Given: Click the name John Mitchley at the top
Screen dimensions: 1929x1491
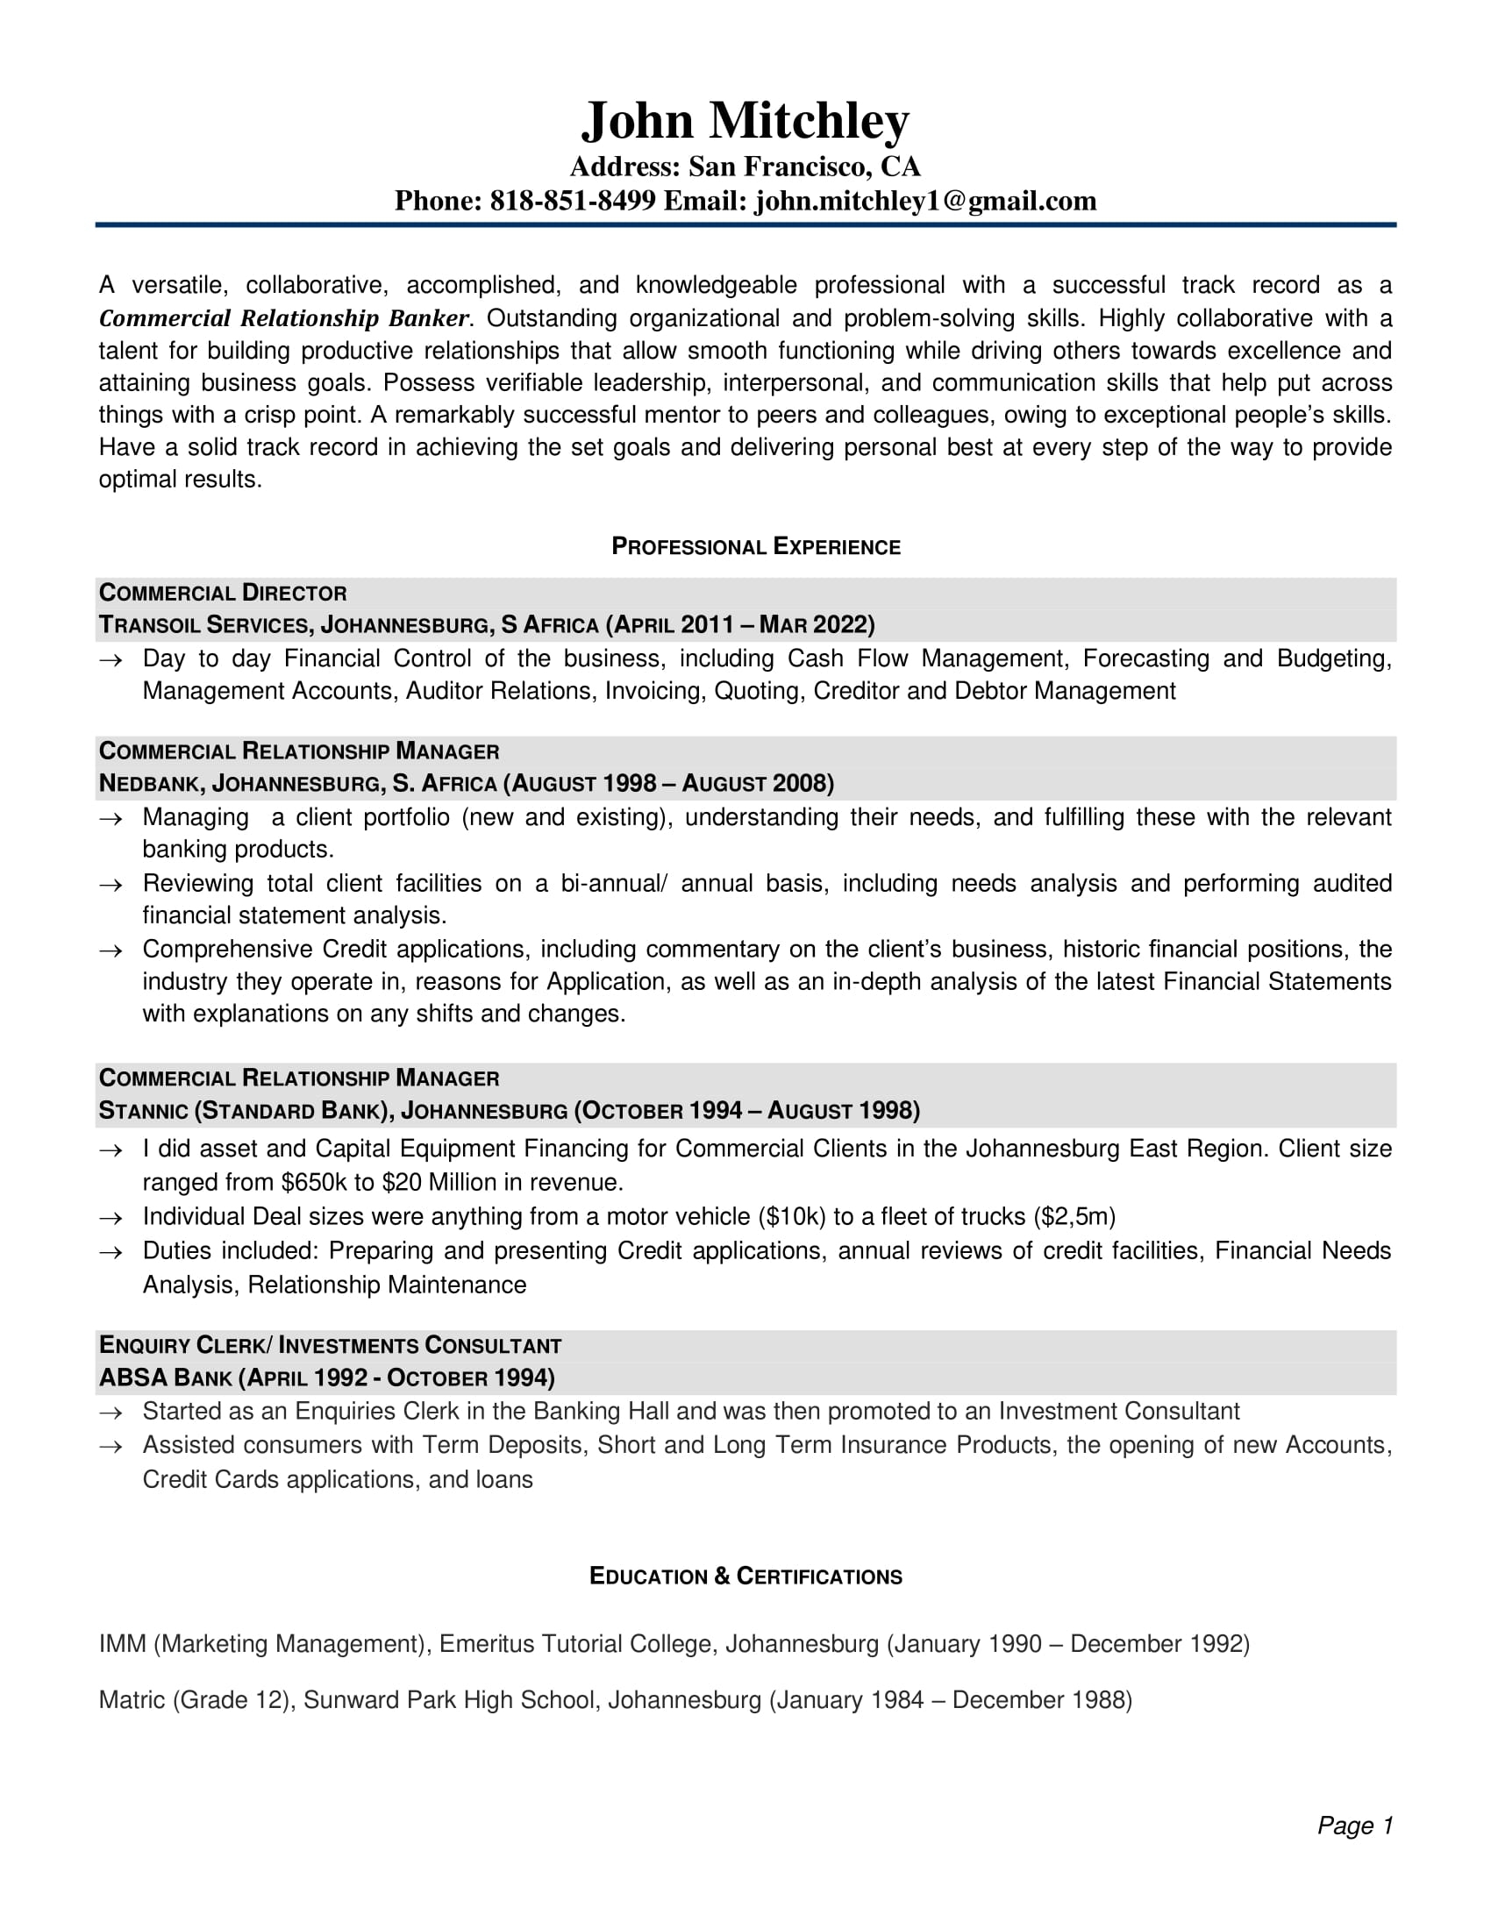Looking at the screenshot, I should click(x=745, y=121).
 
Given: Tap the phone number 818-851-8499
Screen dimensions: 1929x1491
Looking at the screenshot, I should click(x=573, y=202).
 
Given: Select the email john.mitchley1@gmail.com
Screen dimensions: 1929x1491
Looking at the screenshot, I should click(x=924, y=202).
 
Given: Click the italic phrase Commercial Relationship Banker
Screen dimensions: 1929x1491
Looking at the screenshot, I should click(x=283, y=318).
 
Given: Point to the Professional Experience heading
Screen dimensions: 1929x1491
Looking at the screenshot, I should click(x=755, y=547).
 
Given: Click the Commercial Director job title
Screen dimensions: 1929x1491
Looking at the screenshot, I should click(x=223, y=593).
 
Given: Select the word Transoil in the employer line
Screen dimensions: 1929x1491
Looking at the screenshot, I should click(x=149, y=625).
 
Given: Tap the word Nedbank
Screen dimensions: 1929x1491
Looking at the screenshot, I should click(x=150, y=783).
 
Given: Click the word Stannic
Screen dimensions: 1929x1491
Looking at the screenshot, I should click(x=143, y=1110).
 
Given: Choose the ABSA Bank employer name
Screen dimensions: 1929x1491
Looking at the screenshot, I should click(x=165, y=1377).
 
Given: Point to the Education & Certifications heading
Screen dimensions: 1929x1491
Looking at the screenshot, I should click(x=745, y=1577).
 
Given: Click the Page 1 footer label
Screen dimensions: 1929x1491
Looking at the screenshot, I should click(x=1354, y=1825).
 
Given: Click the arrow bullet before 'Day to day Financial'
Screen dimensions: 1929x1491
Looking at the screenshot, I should click(x=111, y=659).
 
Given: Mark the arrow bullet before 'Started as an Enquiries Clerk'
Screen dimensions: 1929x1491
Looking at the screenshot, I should click(x=111, y=1413).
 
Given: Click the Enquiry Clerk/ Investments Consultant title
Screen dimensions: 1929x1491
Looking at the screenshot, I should click(x=330, y=1345).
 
